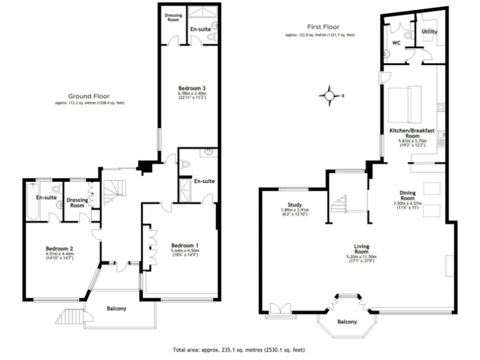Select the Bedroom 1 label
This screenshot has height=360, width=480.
click(185, 244)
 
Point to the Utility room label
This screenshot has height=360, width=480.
click(429, 31)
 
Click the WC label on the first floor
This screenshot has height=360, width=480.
click(396, 43)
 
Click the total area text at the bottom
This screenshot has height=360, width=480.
click(240, 350)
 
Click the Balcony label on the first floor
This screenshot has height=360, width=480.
click(347, 322)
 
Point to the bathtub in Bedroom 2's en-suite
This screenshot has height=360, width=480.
click(32, 202)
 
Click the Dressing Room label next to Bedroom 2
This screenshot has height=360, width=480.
click(77, 201)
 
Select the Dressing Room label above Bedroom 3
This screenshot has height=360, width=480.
click(172, 17)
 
